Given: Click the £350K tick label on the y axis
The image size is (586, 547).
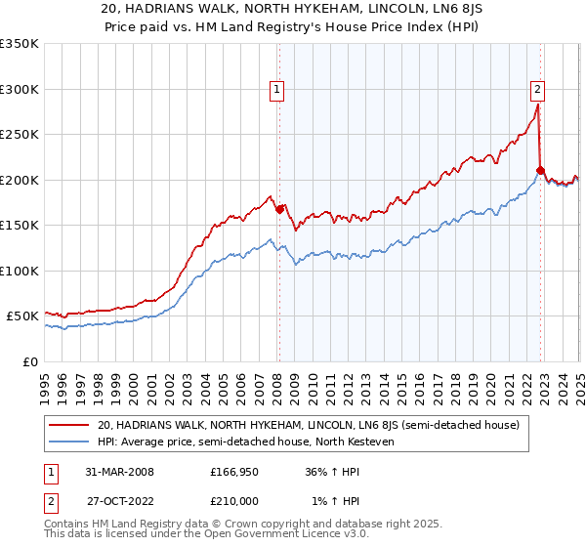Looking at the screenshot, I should tap(20, 44).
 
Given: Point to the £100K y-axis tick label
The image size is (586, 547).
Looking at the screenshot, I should tap(20, 271).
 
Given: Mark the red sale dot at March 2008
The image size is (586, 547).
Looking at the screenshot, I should tap(279, 209).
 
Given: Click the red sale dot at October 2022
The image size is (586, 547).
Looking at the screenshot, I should tap(540, 170).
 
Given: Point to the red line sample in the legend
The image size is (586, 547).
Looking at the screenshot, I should tap(69, 425).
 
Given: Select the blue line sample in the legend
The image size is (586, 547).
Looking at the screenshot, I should tap(69, 442).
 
